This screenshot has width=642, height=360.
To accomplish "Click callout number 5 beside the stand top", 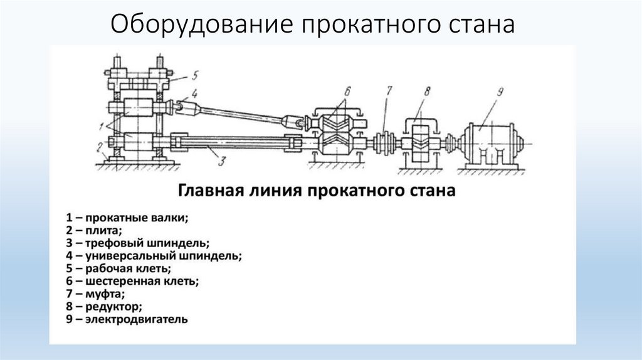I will coord(195,75).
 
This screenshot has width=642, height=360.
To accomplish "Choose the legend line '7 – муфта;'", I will coord(96,294).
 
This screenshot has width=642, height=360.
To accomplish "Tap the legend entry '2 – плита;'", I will coord(95,230).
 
